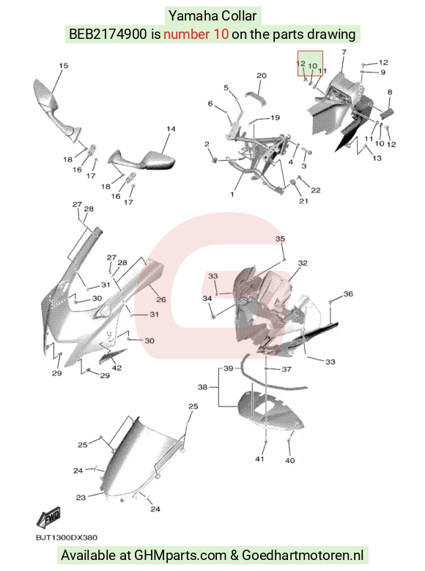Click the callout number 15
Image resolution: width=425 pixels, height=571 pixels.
[x=63, y=65]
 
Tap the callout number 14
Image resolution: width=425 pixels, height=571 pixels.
[x=171, y=129]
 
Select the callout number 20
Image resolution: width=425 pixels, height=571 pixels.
[x=262, y=76]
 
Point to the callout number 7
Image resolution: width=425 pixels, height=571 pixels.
[x=344, y=52]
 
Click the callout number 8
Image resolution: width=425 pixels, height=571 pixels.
[x=390, y=92]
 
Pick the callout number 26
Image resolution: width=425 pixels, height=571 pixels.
[x=161, y=299]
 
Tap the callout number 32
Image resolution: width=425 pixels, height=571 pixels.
[x=303, y=263]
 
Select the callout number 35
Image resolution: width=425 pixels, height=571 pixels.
[x=280, y=239]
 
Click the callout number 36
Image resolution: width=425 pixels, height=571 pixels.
[x=348, y=294]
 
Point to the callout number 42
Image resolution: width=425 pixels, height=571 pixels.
[x=117, y=368]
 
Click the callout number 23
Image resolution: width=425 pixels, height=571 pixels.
[x=81, y=497]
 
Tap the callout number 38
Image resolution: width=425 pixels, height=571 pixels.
[x=202, y=387]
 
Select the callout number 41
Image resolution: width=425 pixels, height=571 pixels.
[x=259, y=459]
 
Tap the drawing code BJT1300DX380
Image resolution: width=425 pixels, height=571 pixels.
[x=67, y=537]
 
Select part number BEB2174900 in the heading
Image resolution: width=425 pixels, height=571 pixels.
[x=108, y=34]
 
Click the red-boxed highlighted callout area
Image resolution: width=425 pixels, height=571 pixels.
[x=310, y=64]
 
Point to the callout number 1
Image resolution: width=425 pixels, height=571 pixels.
[x=232, y=194]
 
